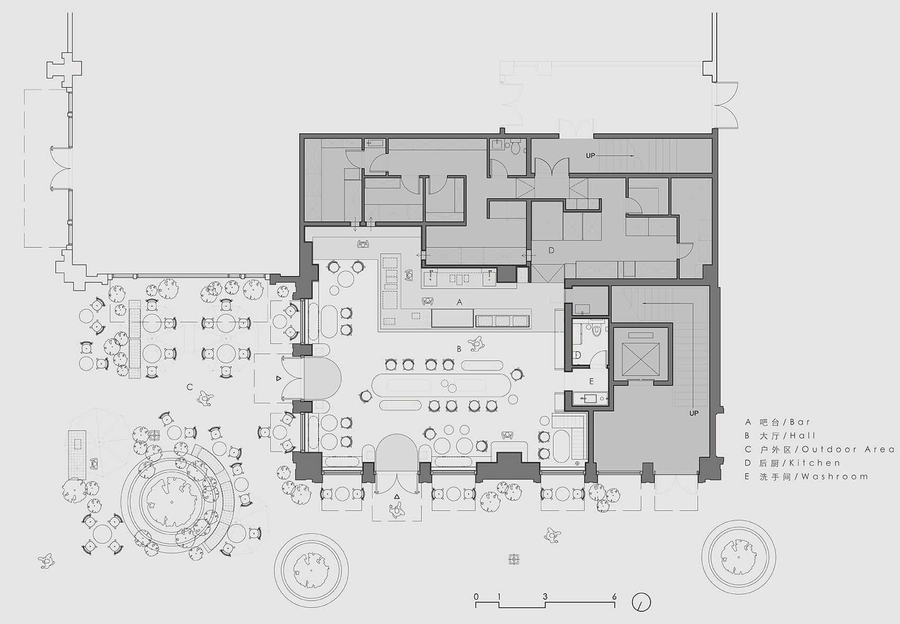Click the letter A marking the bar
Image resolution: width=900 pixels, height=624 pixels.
coord(460,302)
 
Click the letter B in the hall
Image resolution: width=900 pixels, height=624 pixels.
coord(459,349)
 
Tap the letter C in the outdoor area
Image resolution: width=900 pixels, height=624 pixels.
coord(190,387)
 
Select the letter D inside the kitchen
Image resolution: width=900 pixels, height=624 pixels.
coord(551,250)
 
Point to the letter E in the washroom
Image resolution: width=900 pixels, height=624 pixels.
coord(591,381)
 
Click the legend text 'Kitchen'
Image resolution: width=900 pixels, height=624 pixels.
coord(819,463)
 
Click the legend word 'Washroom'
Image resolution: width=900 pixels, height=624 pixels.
coord(835,477)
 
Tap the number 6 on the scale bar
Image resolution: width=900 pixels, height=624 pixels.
coord(614,597)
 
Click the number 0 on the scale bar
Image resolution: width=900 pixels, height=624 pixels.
coord(476,597)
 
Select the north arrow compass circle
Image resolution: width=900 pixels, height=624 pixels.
coord(641,602)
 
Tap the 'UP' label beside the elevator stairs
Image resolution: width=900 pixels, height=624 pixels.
coord(694,413)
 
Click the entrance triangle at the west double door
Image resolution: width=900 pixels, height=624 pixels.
coord(278,379)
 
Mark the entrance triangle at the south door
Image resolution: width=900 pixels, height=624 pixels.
coord(397,496)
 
